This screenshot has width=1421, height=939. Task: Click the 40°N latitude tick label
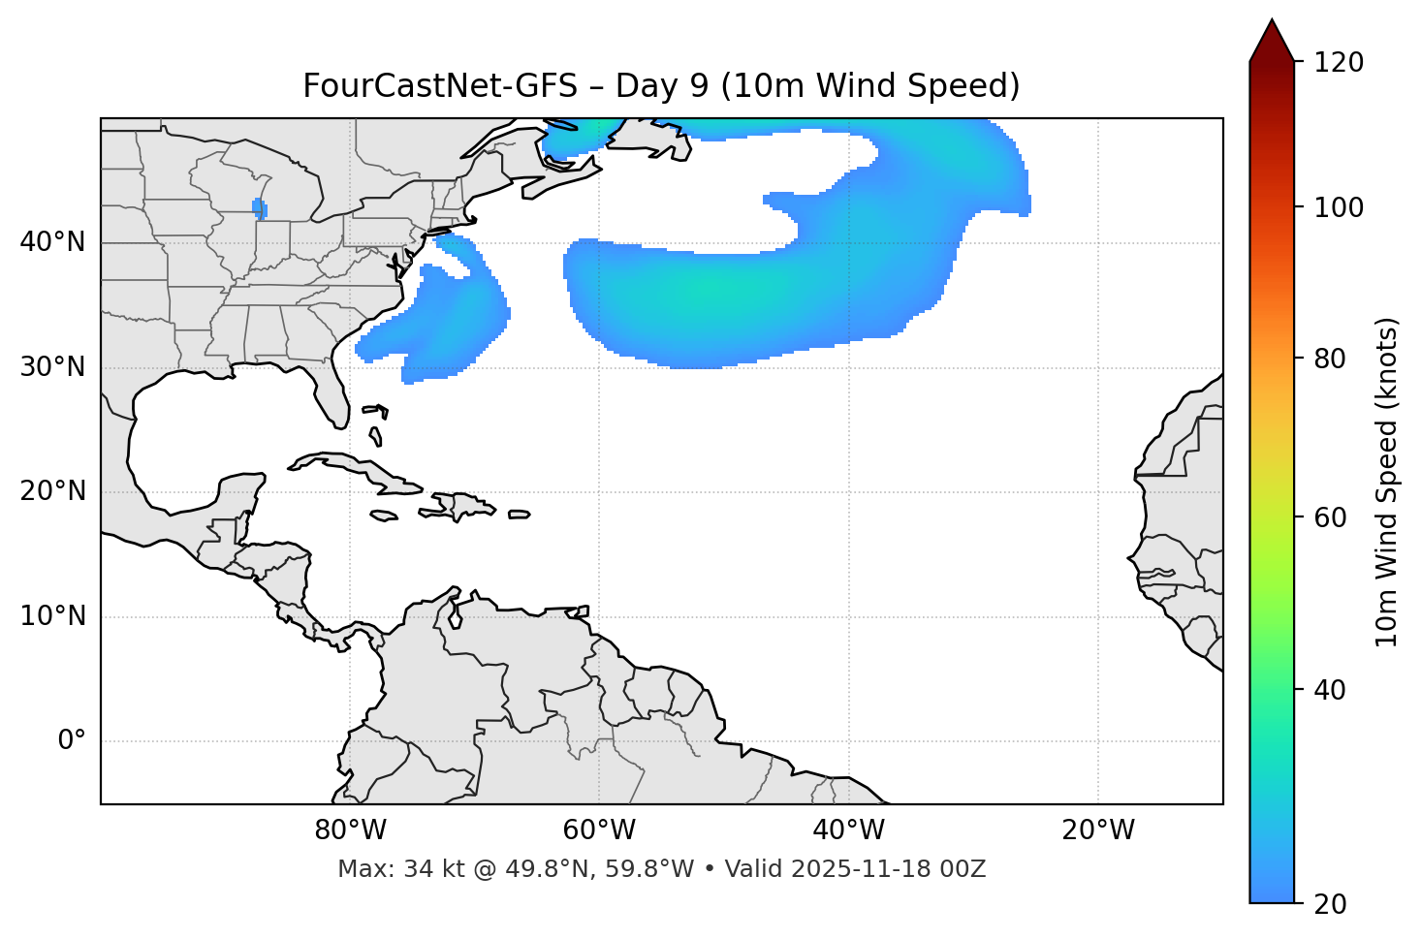tap(52, 242)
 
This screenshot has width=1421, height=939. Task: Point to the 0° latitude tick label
tap(72, 741)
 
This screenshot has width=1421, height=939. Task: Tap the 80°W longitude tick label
tap(350, 830)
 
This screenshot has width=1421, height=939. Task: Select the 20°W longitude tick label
tap(1098, 830)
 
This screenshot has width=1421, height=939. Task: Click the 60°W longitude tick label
tap(599, 830)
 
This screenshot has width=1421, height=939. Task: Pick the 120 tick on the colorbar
tap(1339, 63)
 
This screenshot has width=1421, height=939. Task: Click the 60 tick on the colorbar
tap(1331, 517)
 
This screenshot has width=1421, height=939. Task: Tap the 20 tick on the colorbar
tap(1331, 904)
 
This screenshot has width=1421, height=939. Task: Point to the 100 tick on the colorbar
tap(1339, 207)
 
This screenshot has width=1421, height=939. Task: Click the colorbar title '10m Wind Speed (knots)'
tap(1387, 483)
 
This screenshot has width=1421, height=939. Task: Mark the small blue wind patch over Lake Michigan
tap(259, 207)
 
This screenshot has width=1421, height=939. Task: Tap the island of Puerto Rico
tap(519, 515)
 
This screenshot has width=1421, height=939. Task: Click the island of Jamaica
tap(384, 516)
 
